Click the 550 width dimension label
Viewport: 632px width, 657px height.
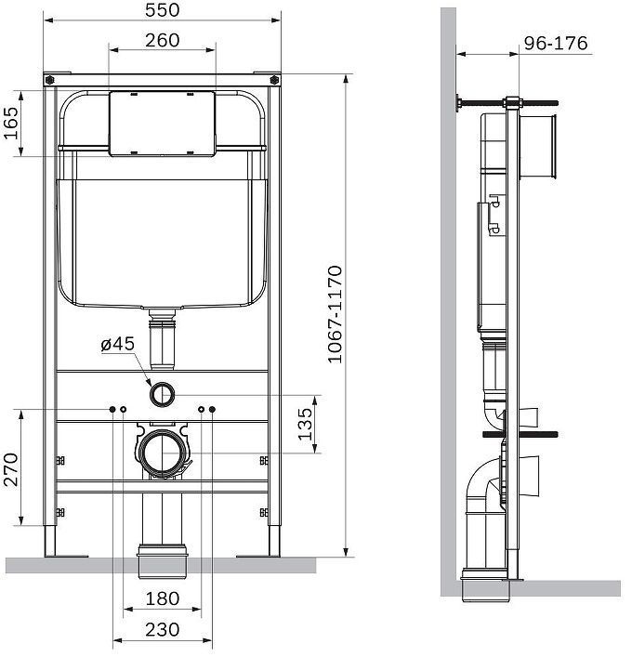coord(163,10)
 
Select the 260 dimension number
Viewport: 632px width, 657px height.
coord(163,41)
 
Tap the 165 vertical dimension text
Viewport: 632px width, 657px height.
coord(11,123)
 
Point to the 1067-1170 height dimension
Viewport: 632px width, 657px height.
coord(336,316)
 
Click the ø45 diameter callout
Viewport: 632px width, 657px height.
coord(118,344)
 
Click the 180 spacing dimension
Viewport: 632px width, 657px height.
coord(163,599)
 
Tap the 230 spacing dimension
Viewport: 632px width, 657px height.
coord(163,630)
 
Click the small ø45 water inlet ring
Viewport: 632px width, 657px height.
coord(163,394)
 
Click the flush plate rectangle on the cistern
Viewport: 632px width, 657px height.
coord(163,124)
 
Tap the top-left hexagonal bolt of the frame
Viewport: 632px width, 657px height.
coord(49,81)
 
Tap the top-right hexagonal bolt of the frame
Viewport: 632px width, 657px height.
coord(275,81)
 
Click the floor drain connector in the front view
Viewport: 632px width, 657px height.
coord(163,556)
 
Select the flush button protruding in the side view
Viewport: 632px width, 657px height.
coord(539,146)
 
